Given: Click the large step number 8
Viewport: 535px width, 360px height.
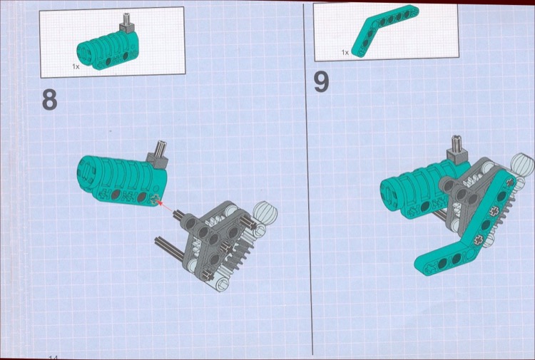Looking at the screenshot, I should coord(49,100).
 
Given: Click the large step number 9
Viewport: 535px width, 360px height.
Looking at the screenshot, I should coord(322,82).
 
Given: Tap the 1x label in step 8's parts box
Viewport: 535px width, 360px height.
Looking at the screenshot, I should coord(76,66).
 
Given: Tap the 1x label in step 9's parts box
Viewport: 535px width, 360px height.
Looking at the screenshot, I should coord(345,52).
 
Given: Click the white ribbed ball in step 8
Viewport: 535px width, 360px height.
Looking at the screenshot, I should coord(265,213).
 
